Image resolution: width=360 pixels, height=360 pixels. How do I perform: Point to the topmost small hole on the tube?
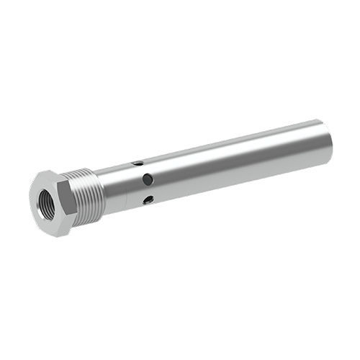tap(137, 164)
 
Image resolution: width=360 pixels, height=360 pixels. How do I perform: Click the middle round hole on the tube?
tap(147, 179)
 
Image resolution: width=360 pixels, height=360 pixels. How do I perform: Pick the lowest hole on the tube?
tap(148, 199)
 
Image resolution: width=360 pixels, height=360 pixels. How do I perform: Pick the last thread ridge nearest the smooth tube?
tap(101, 189)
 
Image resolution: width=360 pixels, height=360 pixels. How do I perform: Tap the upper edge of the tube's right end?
tap(320, 121)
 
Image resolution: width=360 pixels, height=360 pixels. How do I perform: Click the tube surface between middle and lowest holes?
tap(148, 190)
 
